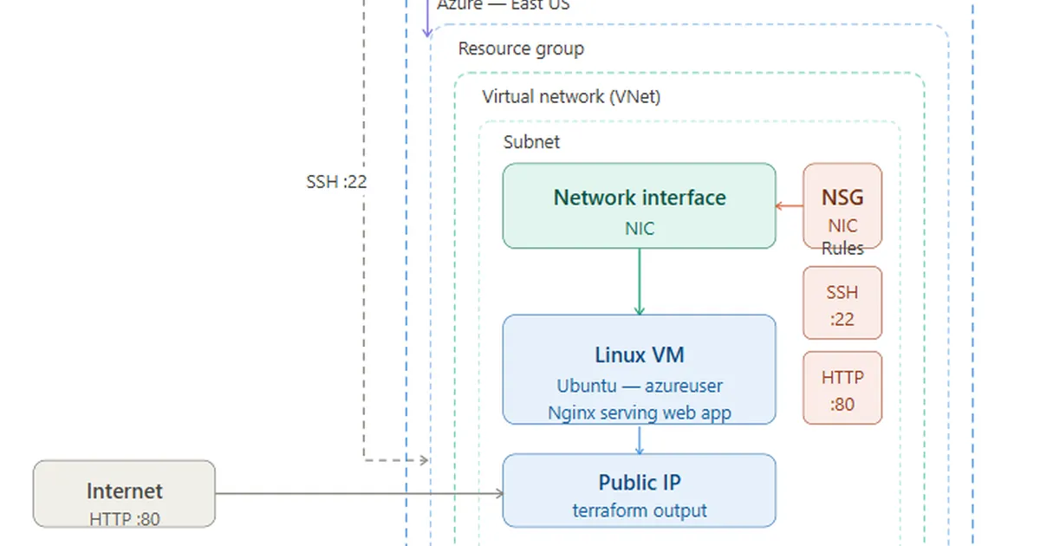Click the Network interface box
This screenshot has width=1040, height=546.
point(639,206)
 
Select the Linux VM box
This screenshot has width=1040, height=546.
point(639,369)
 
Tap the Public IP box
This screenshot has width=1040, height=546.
point(639,491)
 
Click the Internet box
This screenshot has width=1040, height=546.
point(124,493)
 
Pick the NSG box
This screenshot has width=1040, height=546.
point(842,206)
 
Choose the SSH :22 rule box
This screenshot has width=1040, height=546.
point(842,302)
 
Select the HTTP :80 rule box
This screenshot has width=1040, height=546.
point(842,387)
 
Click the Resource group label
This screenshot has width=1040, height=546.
point(521,49)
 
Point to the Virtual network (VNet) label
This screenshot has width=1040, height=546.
point(571,96)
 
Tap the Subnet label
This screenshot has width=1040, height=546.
point(531,142)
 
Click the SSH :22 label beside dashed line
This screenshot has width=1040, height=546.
point(331,182)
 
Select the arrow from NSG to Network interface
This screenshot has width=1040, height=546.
point(790,206)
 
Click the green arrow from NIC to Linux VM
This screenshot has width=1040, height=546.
point(640,282)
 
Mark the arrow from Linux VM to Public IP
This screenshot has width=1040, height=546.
point(640,439)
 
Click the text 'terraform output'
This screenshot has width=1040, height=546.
point(639,510)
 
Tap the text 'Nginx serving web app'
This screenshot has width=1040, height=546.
point(639,413)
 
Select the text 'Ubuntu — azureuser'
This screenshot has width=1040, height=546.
point(639,386)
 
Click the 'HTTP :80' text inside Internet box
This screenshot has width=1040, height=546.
point(124,519)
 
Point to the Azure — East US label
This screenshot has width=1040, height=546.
point(503,5)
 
